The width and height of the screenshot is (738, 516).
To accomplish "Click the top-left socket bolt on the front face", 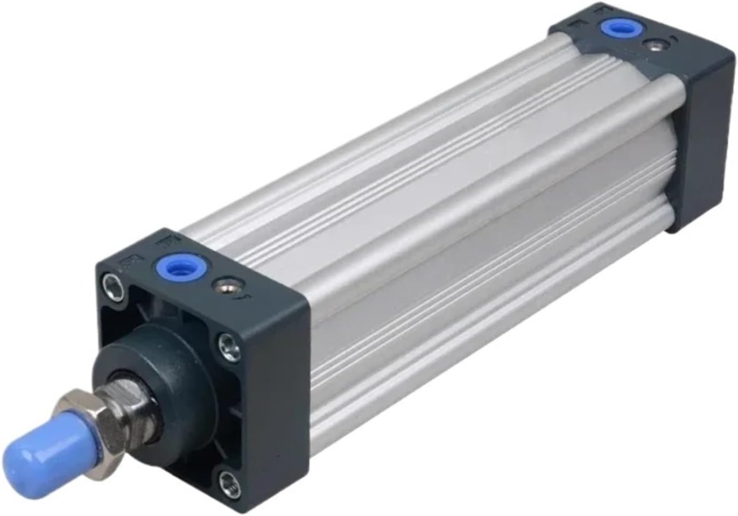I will (113, 281).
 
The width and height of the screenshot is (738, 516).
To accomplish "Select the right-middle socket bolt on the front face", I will (228, 345).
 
